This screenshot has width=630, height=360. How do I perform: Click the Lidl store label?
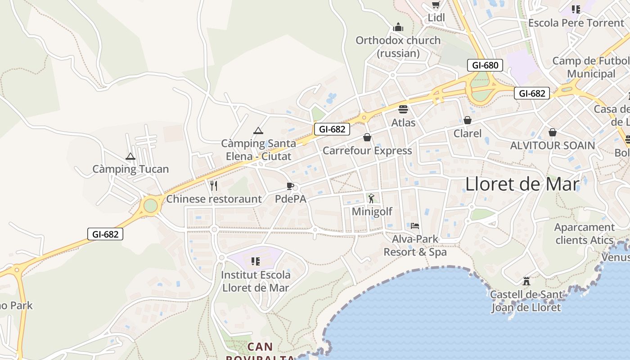[436, 18]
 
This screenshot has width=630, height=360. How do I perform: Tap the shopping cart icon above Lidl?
[435, 5]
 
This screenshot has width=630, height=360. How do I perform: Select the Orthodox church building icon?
[398, 27]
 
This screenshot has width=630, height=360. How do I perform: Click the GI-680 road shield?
[485, 65]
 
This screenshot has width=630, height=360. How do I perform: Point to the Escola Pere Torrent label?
[576, 23]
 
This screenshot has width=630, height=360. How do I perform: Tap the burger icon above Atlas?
[403, 109]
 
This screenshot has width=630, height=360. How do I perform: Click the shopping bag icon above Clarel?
[468, 120]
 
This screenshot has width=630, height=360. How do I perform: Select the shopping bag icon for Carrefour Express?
[367, 137]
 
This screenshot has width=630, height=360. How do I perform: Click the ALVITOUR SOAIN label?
[552, 145]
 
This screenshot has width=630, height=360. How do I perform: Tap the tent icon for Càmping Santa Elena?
[258, 131]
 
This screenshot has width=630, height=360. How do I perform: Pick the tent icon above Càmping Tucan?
[130, 157]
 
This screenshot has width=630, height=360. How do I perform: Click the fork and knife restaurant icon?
[214, 185]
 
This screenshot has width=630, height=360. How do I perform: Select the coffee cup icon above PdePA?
[290, 186]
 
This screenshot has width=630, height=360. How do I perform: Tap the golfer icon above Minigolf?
[371, 198]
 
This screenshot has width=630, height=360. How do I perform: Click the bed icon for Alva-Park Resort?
[415, 225]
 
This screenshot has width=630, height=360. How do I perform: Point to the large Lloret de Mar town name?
[522, 184]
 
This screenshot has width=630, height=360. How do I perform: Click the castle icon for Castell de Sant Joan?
[526, 282]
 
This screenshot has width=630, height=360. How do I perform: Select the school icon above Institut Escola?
[256, 261]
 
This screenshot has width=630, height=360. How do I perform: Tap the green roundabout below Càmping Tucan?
[151, 206]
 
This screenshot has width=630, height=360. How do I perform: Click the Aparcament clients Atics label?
[584, 234]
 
